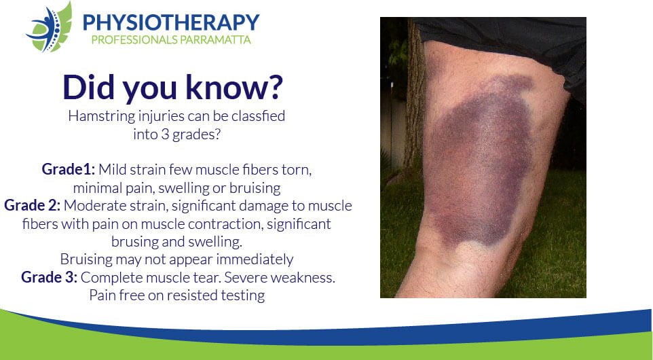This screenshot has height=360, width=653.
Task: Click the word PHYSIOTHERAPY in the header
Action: click(171, 22)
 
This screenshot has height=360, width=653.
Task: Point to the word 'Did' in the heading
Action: click(88, 87)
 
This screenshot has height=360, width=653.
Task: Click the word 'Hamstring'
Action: click(101, 116)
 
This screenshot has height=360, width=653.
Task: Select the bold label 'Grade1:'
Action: click(69, 170)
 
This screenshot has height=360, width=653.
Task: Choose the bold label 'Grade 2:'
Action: click(32, 205)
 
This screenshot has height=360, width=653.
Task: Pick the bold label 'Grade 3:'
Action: click(49, 277)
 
